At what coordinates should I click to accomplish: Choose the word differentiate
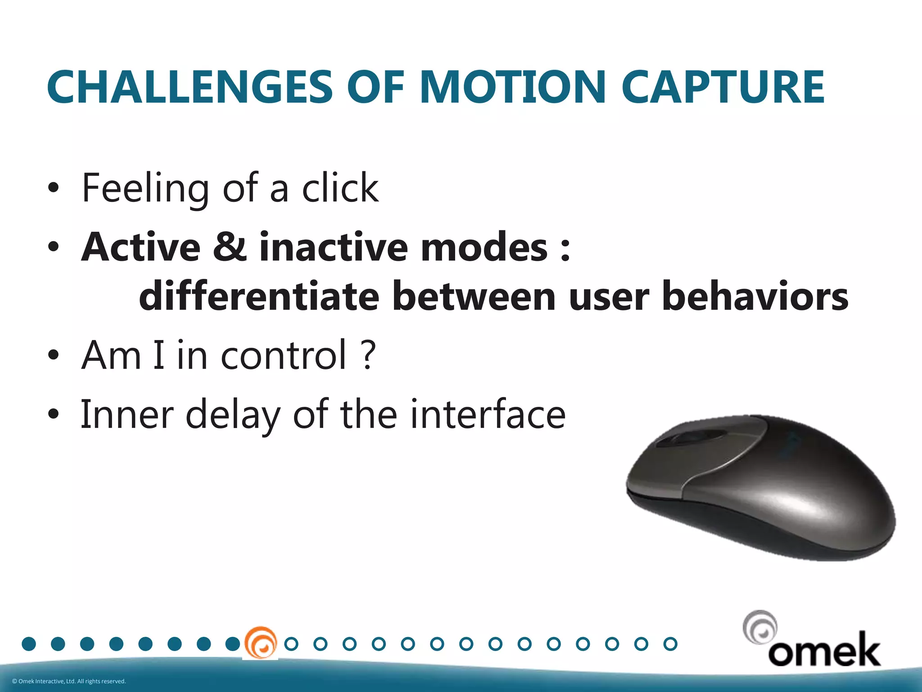(x=259, y=296)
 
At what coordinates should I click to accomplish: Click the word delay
(x=233, y=415)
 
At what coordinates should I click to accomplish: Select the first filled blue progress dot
(x=29, y=644)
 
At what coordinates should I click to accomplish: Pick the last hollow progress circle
(x=670, y=644)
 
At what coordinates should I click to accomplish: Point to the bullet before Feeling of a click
(x=53, y=188)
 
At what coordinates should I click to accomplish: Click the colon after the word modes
(x=565, y=248)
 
